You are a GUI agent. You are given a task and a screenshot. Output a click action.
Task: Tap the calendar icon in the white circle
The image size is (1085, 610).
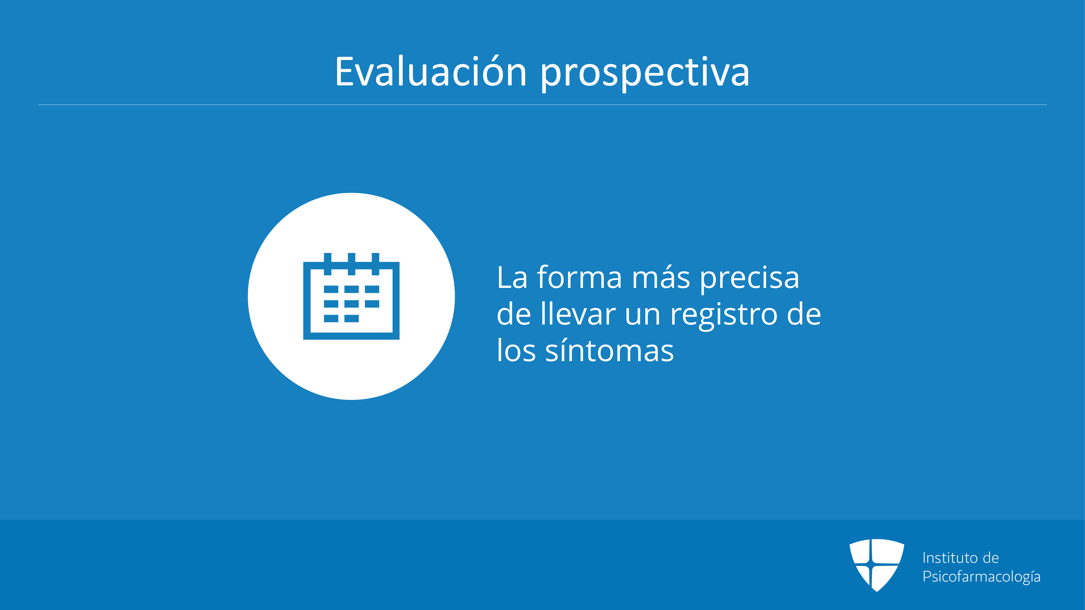351,296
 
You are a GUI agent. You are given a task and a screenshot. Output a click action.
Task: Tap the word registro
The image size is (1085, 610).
724,316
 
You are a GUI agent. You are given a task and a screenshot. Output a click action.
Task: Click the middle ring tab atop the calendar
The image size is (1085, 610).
351,264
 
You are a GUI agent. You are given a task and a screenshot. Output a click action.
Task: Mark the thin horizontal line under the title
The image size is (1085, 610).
542,105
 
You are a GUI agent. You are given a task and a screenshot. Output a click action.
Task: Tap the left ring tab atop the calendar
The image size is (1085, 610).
327,264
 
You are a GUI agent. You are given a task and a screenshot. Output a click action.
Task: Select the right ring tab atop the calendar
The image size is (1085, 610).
375,264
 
